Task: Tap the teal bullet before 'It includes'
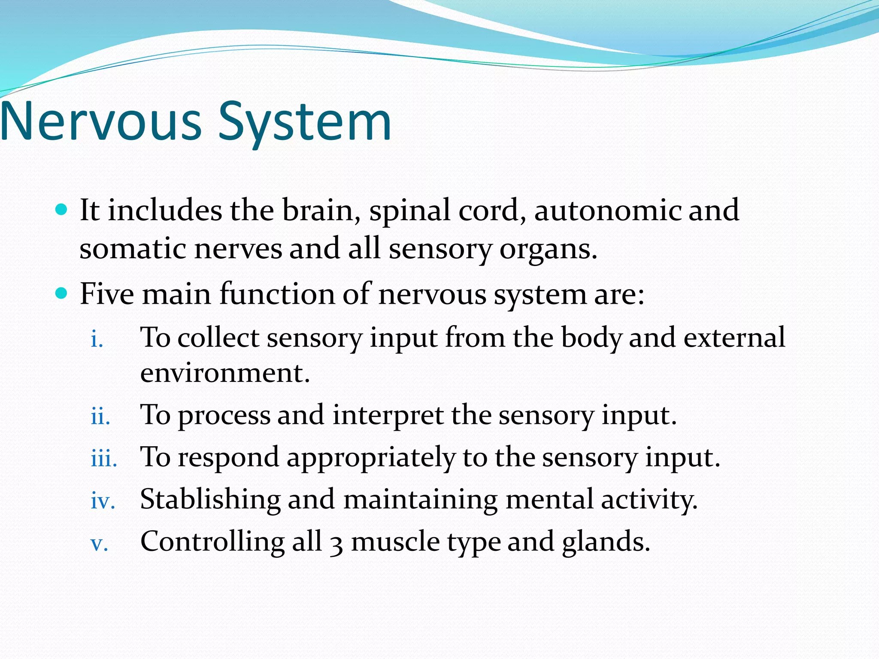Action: click(62, 210)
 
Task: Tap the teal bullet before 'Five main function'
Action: click(62, 293)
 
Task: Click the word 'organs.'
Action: click(548, 250)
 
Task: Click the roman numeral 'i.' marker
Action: click(97, 340)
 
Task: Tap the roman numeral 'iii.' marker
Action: click(104, 459)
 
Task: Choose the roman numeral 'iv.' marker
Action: click(103, 501)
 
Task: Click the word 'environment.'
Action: click(225, 373)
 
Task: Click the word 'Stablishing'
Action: click(210, 499)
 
